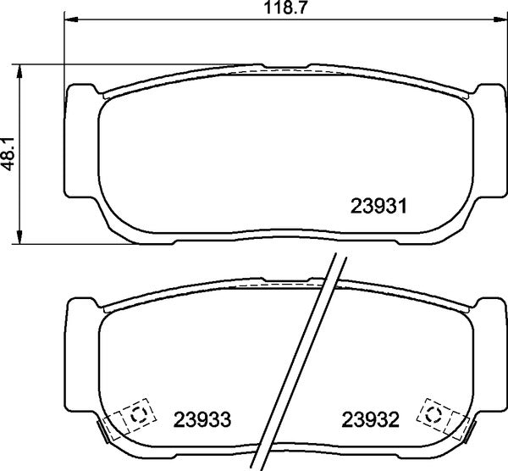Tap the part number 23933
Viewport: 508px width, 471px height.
[202, 419]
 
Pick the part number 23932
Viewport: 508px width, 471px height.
[370, 419]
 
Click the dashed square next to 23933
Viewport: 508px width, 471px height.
[137, 415]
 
